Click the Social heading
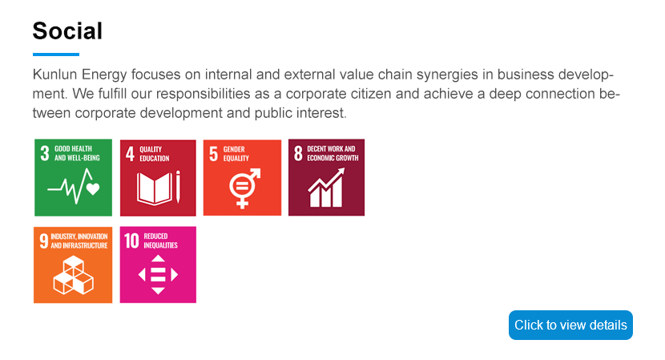tap(67, 31)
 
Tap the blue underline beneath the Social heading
tap(56, 55)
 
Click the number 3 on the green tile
tap(45, 153)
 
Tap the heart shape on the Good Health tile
tap(93, 188)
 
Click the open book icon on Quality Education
tap(155, 189)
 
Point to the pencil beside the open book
tap(178, 187)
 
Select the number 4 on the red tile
tap(130, 154)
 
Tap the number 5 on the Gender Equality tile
tap(213, 154)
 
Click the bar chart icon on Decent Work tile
tap(326, 188)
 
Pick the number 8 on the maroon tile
tap(298, 153)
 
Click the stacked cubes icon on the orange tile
tap(74, 275)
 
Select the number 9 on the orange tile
tap(44, 241)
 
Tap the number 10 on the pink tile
tap(131, 241)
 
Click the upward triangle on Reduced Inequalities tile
tap(158, 259)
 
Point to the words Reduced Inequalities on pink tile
tap(160, 241)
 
